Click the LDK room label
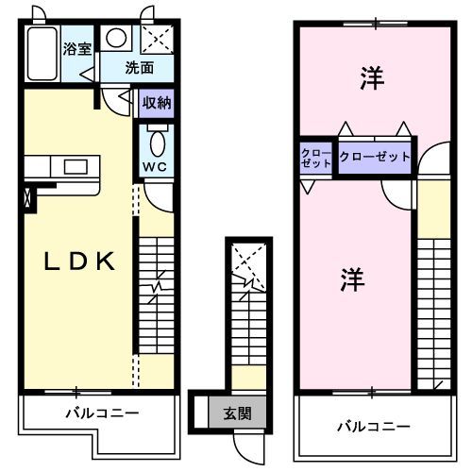click(80, 261)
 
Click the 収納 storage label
click(156, 103)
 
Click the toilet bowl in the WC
click(156, 143)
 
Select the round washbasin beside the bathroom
click(116, 39)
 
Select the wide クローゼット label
click(375, 156)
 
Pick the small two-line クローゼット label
click(316, 158)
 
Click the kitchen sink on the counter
click(74, 167)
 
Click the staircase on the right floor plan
click(435, 312)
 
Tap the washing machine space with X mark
click(156, 39)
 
